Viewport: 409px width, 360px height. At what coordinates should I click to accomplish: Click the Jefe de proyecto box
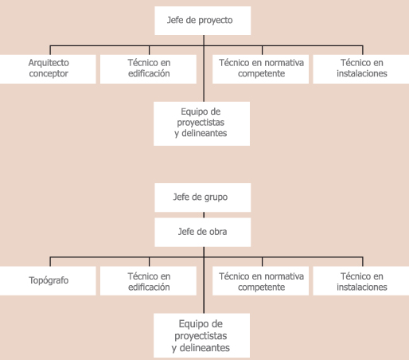203,21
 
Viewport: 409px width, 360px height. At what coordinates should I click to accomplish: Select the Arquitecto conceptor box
48,69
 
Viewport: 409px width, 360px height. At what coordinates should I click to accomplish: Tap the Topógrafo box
48,280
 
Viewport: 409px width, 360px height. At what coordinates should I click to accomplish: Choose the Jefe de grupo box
203,198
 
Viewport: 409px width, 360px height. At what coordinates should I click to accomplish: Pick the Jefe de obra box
203,233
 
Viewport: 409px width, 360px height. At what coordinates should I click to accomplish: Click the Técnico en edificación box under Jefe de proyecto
148,69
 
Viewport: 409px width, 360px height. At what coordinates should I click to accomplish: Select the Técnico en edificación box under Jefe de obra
148,280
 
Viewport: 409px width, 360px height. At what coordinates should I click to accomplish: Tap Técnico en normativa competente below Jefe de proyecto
260,69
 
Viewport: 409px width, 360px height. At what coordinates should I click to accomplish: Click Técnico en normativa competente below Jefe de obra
260,280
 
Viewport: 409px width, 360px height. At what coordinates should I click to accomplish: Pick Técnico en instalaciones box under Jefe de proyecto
361,69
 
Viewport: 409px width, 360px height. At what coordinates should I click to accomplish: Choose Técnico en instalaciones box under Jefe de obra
361,280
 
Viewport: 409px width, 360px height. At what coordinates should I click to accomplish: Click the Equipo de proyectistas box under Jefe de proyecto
201,123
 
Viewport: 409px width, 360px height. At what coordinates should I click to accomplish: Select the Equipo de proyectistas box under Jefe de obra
201,335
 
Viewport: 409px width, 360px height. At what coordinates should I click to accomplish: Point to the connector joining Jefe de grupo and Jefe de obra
204,215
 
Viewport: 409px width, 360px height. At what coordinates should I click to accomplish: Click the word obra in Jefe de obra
218,232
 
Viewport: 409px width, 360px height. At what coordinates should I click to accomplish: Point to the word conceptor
49,73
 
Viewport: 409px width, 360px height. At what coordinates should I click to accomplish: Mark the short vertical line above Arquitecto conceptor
50,50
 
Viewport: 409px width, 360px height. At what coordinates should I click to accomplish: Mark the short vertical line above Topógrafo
50,262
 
